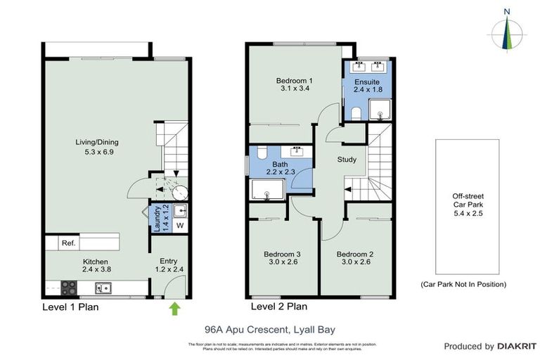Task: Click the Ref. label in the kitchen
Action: pos(68,243)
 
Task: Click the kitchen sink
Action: pos(103,287)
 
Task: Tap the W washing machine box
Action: pos(180,226)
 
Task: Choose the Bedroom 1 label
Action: pos(294,85)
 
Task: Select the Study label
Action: pos(347,160)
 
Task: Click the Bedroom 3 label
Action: pos(282,258)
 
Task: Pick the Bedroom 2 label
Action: pos(354,258)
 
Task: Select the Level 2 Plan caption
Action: pos(278,307)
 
